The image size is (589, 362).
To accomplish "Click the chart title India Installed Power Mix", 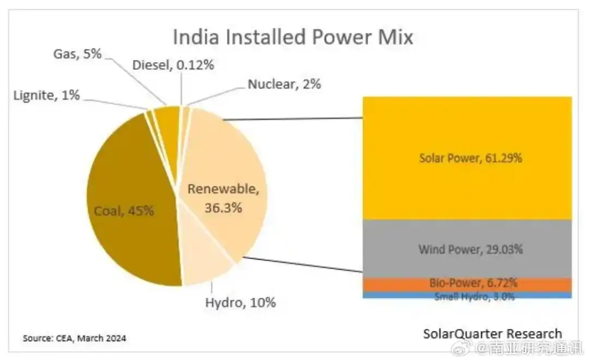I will [293, 38].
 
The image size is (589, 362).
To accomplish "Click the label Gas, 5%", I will [77, 54].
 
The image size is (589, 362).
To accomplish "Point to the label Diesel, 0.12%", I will [173, 65].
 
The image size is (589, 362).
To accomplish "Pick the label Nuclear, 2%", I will [284, 84].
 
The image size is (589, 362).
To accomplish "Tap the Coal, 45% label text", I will [123, 211].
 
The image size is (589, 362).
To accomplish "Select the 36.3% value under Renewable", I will [223, 207].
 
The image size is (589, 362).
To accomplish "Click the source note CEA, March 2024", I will [74, 338].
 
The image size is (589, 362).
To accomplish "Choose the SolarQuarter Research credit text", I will [492, 334].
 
